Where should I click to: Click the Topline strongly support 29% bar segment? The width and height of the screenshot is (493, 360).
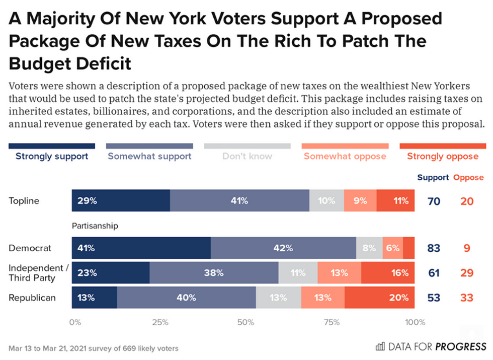point(121,201)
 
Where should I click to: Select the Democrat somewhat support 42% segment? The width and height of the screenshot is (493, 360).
point(283,248)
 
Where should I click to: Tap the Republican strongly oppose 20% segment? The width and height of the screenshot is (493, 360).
point(379,298)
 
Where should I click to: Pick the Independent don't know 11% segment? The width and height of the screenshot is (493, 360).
point(298,273)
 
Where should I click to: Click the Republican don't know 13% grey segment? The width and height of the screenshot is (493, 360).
point(278,298)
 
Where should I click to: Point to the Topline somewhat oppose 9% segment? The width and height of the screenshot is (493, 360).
point(360,201)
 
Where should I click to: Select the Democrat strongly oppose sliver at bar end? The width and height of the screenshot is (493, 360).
point(409,248)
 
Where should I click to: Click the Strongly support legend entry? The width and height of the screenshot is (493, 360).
point(52,156)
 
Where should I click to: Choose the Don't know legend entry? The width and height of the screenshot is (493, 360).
point(247,156)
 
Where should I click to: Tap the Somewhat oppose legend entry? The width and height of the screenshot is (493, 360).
point(345,156)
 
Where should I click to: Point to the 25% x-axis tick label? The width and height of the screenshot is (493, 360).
point(160,322)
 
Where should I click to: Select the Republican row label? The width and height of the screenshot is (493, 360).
point(32,298)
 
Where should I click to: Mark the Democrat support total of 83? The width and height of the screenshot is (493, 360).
point(434,248)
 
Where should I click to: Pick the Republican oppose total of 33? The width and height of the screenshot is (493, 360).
point(467,298)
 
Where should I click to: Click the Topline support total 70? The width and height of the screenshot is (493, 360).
point(434,201)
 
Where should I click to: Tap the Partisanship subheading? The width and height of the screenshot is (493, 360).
point(95,226)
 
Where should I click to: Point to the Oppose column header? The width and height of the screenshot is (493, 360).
point(468,177)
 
